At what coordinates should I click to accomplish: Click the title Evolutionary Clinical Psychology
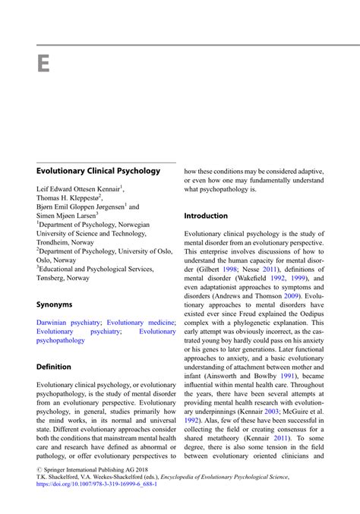click(98, 171)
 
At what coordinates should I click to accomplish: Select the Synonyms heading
click(54, 304)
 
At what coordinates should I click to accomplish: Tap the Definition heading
click(53, 367)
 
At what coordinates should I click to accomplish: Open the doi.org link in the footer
click(97, 484)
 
